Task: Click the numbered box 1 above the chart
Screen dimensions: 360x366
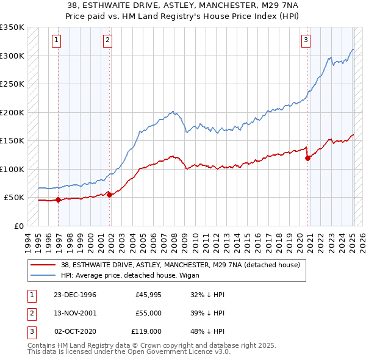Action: (x=56, y=41)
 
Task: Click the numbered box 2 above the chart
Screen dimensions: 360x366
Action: (x=107, y=41)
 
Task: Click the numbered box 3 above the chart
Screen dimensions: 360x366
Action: (x=306, y=41)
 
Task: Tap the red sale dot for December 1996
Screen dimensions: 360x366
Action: (x=58, y=200)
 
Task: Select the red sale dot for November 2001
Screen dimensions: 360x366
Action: (x=109, y=195)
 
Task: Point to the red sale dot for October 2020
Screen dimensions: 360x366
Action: (x=307, y=158)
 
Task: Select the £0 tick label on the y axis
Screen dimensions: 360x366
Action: (x=19, y=226)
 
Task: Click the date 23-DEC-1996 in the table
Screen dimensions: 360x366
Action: (x=75, y=295)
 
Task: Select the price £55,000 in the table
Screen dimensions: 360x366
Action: (x=148, y=313)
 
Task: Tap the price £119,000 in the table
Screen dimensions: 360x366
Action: (x=146, y=331)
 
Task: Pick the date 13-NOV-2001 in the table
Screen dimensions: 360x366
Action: (x=75, y=313)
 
